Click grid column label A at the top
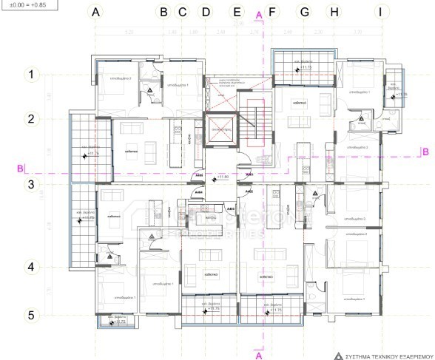[x=94, y=12]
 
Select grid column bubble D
[x=206, y=12]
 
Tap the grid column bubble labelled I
[x=380, y=12]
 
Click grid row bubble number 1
[x=31, y=74]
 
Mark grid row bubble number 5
[x=31, y=315]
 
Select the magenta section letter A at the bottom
[x=258, y=355]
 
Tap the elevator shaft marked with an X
[x=221, y=128]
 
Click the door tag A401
[x=249, y=174]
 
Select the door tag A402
[x=249, y=191]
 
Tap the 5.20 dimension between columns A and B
[x=129, y=33]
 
